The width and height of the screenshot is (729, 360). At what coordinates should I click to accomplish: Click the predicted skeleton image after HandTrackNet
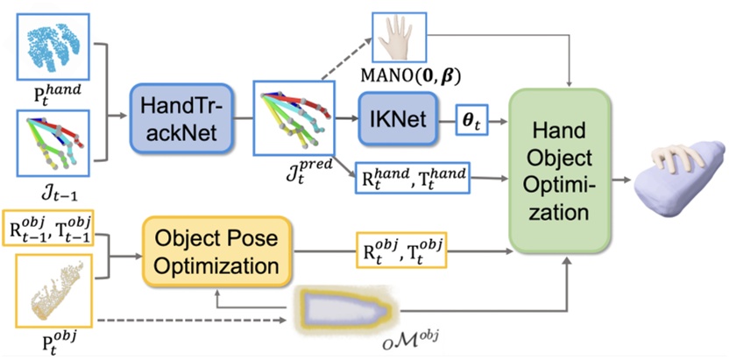click(x=293, y=120)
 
